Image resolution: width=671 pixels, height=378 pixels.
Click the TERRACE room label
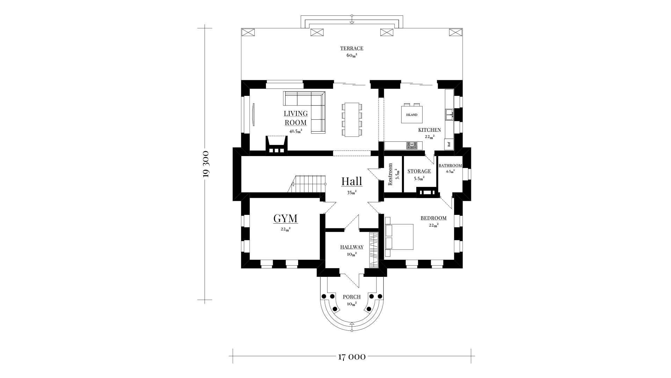click(352, 49)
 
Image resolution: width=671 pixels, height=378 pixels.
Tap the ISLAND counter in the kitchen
click(411, 115)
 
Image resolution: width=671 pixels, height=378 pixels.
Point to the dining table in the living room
click(352, 119)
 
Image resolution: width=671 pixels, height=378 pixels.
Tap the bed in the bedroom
click(399, 237)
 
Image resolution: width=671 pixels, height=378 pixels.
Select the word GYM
click(285, 218)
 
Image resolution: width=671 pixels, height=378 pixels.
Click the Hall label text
click(352, 181)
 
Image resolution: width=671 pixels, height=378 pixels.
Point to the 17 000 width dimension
click(352, 357)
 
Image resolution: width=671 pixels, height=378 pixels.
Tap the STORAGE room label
click(419, 171)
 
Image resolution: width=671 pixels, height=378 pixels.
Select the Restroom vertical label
click(390, 174)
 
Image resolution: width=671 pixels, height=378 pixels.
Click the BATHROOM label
click(450, 166)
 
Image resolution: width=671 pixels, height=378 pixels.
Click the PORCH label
click(352, 297)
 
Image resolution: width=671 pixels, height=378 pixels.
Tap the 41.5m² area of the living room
click(296, 131)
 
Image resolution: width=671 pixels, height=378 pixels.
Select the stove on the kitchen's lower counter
click(412, 146)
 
